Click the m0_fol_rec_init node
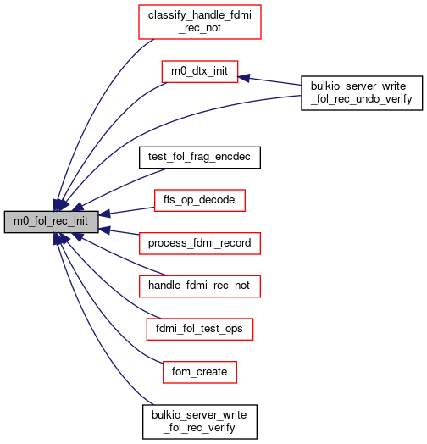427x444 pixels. [x=51, y=222]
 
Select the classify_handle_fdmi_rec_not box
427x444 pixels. [x=200, y=22]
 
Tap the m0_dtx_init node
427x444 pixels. [x=200, y=72]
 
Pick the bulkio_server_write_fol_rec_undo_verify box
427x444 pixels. [x=362, y=93]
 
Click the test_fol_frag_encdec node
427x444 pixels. [x=200, y=158]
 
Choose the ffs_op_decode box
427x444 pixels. [x=200, y=201]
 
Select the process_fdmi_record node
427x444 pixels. [x=200, y=243]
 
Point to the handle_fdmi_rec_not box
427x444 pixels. [x=200, y=286]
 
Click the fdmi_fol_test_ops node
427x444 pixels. [x=200, y=330]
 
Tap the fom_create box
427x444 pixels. [x=200, y=372]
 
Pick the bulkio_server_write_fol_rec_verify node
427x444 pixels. [x=200, y=422]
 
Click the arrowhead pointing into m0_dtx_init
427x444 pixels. [x=243, y=78]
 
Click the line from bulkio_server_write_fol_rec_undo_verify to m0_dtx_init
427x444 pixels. [x=269, y=81]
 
